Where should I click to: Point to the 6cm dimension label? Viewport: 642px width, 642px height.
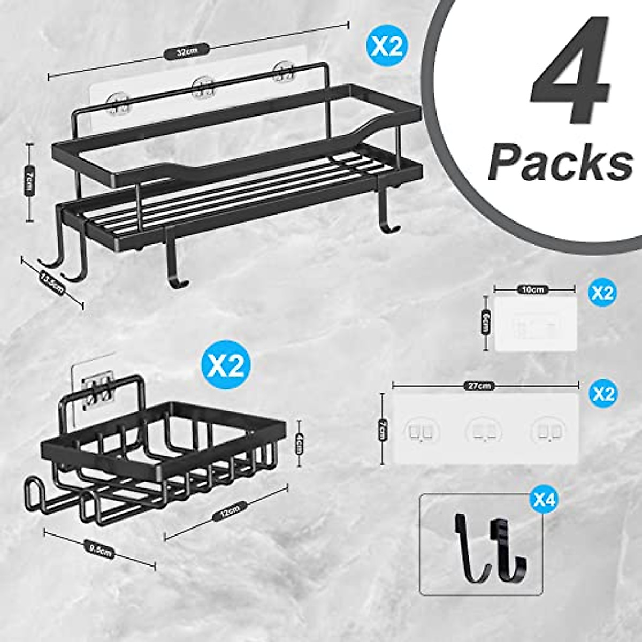coord(486,322)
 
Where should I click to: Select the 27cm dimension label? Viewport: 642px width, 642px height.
coord(485,385)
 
